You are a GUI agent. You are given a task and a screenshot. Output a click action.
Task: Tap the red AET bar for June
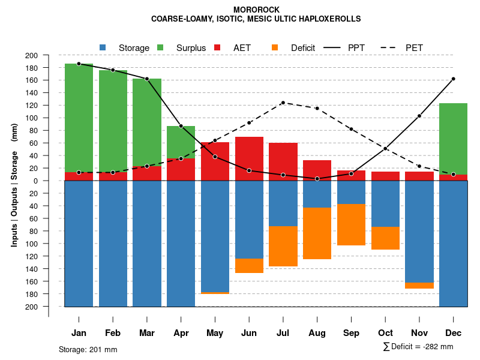[249, 158]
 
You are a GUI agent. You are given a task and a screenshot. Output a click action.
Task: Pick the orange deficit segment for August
[317, 233]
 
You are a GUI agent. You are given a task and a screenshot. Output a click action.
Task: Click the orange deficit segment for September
[351, 224]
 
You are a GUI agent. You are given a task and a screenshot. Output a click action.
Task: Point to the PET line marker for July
[283, 103]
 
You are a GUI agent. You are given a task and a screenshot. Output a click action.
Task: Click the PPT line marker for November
[419, 116]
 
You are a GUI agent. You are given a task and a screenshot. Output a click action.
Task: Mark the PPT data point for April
[181, 126]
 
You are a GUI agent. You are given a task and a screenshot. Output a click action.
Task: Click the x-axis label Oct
[385, 333]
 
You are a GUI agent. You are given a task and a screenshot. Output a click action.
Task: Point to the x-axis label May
[215, 333]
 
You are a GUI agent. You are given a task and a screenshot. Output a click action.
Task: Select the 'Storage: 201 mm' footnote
[88, 349]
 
